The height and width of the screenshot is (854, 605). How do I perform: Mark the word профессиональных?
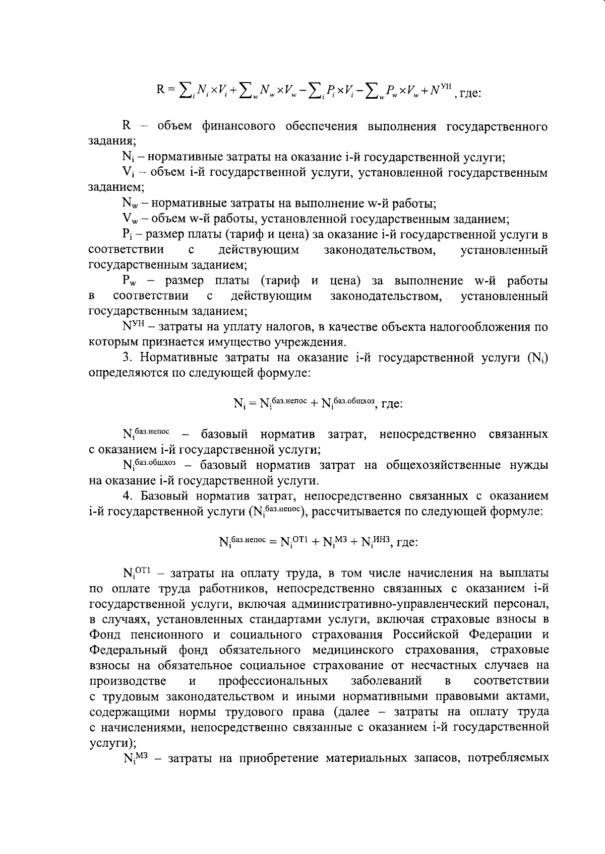pyautogui.click(x=273, y=681)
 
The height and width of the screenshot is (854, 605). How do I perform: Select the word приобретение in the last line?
pyautogui.click(x=277, y=773)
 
